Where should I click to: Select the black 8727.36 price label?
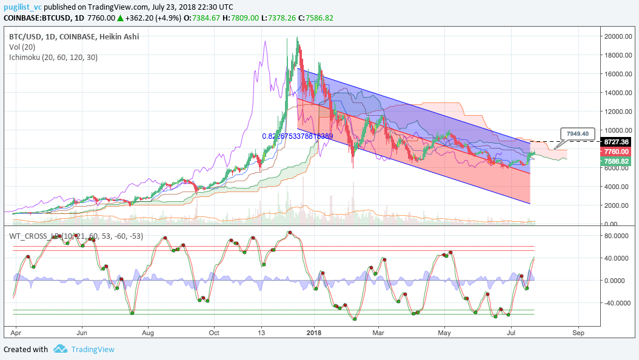coord(618,141)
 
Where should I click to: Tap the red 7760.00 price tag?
coord(618,152)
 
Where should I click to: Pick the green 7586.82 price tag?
coord(618,162)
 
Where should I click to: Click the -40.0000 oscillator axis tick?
coord(618,303)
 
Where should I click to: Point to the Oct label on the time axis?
coord(213,332)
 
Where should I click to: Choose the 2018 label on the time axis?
coord(313,332)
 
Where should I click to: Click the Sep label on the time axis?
coord(578,332)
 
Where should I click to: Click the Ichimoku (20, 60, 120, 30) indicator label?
coord(53,57)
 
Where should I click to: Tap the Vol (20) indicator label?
coord(23,47)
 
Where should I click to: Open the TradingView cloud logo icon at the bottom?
coord(60,349)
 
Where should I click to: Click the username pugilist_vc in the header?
coord(22,7)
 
